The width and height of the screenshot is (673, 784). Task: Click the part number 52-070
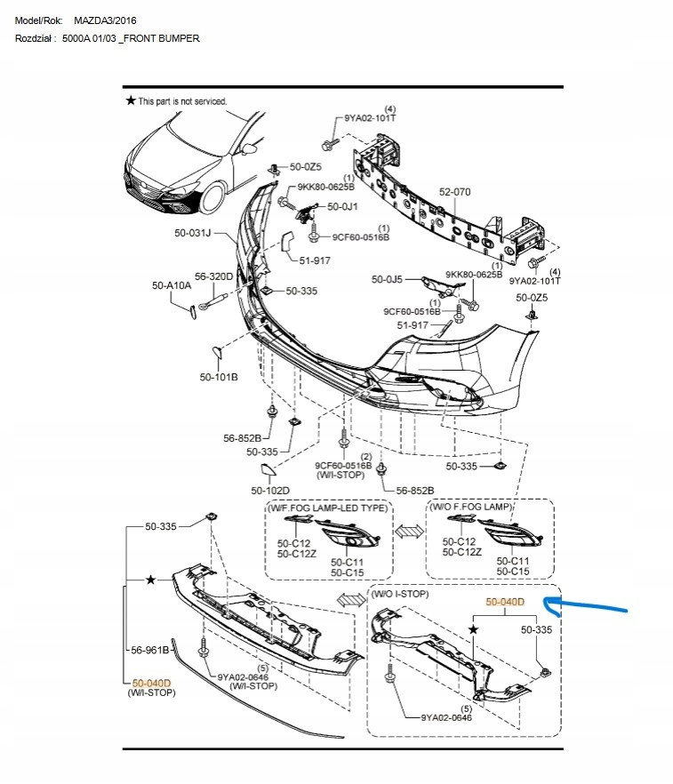pos(455,191)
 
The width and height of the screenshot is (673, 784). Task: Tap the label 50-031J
pos(193,233)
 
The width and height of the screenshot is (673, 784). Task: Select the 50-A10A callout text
pos(171,285)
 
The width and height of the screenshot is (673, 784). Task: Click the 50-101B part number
pos(219,377)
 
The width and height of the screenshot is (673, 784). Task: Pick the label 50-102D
pos(270,491)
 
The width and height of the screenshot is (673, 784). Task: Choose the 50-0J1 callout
pos(342,206)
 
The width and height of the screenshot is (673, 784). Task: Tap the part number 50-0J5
pos(387,280)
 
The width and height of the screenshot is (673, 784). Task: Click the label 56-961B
pos(150,650)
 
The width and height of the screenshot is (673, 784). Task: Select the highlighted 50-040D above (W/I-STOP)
pos(150,682)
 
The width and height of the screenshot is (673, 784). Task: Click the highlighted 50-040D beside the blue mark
pos(505,602)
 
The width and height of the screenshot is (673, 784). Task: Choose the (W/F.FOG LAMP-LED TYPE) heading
pos(328,508)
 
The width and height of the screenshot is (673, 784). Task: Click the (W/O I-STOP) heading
pos(400,593)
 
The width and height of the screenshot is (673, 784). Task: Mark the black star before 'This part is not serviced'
pos(131,101)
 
